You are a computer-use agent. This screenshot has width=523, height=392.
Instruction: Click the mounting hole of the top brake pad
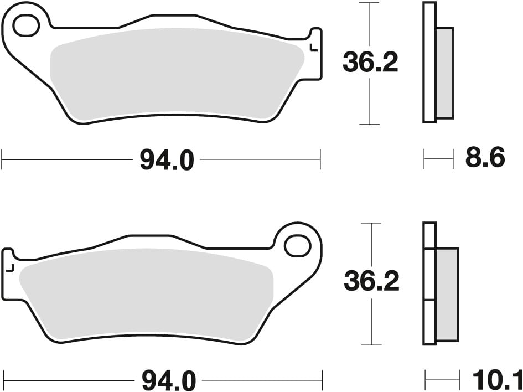point(26,25)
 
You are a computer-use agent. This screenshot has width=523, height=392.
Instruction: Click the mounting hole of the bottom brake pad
point(298,246)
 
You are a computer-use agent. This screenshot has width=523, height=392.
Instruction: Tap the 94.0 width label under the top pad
point(167,160)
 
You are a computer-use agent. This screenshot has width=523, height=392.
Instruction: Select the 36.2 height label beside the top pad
point(370,63)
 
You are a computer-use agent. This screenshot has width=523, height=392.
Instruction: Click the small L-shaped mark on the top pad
point(314,48)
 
